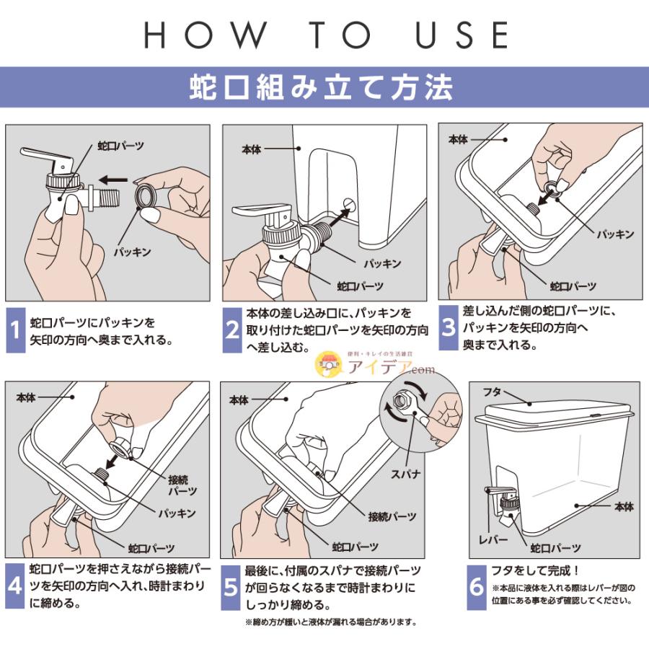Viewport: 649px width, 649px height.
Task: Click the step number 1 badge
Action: pos(15,330)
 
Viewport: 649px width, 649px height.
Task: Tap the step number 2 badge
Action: pos(232,330)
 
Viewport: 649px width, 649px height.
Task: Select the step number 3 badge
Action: pos(449,328)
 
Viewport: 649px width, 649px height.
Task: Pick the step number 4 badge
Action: pos(15,586)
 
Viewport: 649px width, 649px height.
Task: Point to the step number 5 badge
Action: pos(231,588)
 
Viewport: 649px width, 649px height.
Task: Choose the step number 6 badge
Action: pos(477,588)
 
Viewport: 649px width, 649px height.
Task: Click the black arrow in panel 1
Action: pos(113,180)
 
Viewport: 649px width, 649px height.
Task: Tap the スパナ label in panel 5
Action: pos(405,474)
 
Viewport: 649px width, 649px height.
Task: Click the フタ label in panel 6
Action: pos(493,392)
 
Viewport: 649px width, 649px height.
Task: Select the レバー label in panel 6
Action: pos(493,539)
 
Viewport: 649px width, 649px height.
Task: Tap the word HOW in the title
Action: pos(205,35)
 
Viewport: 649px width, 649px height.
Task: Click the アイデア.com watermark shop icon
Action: pos(329,364)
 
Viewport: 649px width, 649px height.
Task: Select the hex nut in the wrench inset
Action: pos(401,400)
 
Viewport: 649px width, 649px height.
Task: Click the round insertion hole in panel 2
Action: pos(350,204)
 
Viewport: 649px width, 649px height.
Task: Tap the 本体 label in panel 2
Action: pos(252,149)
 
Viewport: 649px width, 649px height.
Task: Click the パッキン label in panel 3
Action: pos(616,234)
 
